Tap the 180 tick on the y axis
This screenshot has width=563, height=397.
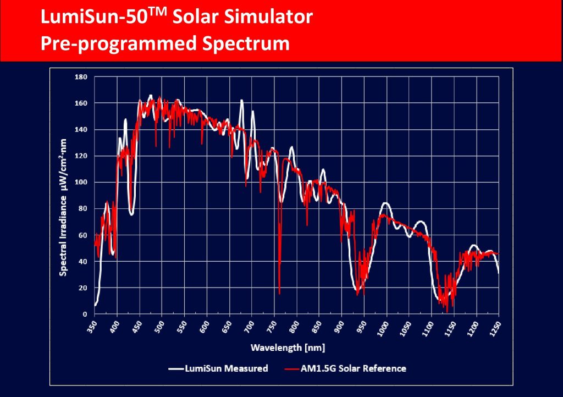coord(80,77)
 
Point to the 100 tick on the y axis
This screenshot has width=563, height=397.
coord(80,182)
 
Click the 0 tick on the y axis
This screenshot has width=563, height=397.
coord(85,314)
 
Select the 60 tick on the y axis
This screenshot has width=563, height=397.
coord(82,235)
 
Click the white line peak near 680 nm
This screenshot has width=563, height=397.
coord(241,101)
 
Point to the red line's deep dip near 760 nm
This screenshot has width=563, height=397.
coord(279,293)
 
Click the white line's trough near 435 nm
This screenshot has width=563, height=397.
coord(132,214)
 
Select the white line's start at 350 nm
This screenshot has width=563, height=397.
coord(95,305)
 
